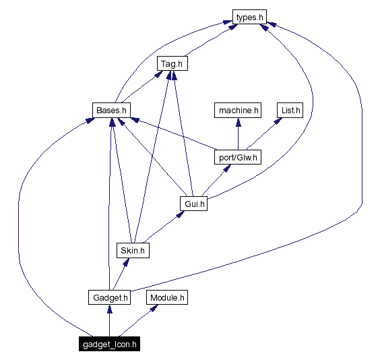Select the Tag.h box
tap(172, 64)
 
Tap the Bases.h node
tap(110, 110)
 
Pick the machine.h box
tap(237, 110)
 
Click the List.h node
tap(290, 110)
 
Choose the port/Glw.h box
tap(237, 157)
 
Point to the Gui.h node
tap(193, 204)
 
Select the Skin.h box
tap(132, 250)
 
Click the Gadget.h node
tap(109, 297)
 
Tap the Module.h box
tap(167, 297)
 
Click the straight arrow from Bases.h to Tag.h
tap(140, 88)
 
